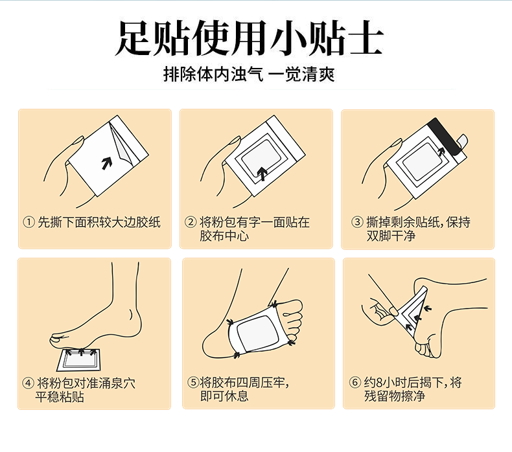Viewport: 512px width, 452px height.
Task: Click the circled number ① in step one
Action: [29, 222]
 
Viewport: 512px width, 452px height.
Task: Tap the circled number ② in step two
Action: [191, 222]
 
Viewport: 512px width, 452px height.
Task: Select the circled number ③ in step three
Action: [357, 222]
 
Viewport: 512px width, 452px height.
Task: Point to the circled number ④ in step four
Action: [28, 383]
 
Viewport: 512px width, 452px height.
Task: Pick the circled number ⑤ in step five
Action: [193, 382]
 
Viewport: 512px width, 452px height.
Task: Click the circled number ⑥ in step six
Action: [355, 382]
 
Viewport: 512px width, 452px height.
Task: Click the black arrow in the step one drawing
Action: [106, 163]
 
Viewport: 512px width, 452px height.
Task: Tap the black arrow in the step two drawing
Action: [262, 174]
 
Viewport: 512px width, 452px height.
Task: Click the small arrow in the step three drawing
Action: [441, 151]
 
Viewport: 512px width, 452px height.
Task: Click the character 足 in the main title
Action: [134, 38]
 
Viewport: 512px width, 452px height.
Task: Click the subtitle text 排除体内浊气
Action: [213, 74]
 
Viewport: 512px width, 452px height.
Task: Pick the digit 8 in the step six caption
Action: [378, 383]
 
